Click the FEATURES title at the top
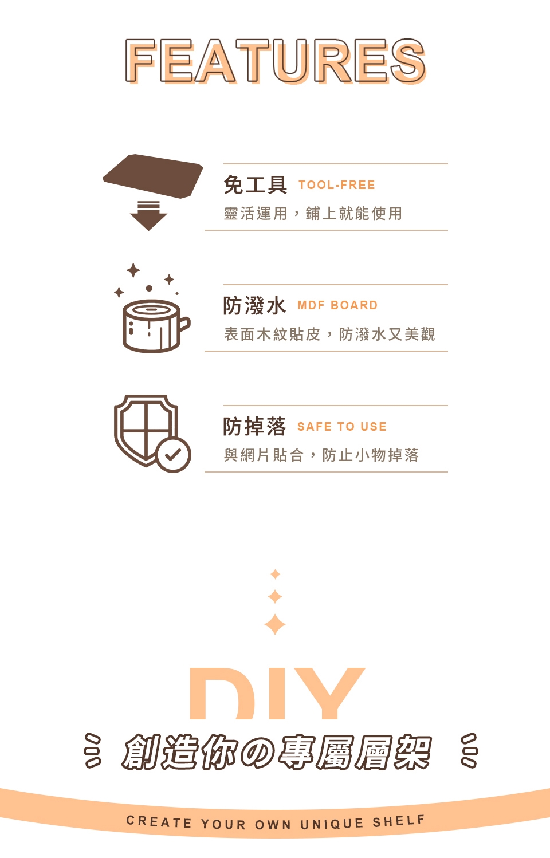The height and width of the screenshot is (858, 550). pyautogui.click(x=276, y=61)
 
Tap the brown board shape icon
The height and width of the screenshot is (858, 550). pyautogui.click(x=153, y=176)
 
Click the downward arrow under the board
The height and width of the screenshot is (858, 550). pyautogui.click(x=148, y=215)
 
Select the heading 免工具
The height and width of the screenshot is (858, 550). pyautogui.click(x=255, y=184)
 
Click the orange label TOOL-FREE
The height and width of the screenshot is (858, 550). pyautogui.click(x=337, y=185)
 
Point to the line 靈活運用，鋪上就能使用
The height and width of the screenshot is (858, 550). pyautogui.click(x=313, y=213)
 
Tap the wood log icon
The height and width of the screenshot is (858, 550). pyautogui.click(x=156, y=325)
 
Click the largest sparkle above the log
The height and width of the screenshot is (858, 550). pyautogui.click(x=133, y=270)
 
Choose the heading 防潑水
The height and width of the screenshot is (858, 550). pyautogui.click(x=255, y=306)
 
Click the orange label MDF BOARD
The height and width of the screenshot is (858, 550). pyautogui.click(x=337, y=305)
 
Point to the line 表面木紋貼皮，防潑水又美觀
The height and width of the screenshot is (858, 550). pyautogui.click(x=329, y=334)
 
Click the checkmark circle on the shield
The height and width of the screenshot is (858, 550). pyautogui.click(x=173, y=455)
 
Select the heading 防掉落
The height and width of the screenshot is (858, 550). pyautogui.click(x=255, y=427)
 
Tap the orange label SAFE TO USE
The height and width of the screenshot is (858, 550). pyautogui.click(x=342, y=426)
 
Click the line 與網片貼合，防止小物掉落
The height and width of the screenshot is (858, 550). pyautogui.click(x=321, y=455)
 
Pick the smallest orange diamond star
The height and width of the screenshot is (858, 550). pyautogui.click(x=275, y=574)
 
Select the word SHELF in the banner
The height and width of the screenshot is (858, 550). pyautogui.click(x=399, y=821)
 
